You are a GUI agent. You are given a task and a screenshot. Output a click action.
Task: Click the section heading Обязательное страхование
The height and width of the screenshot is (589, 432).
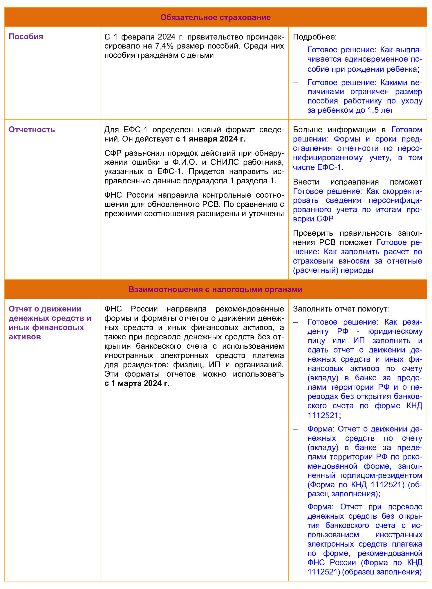[215, 17]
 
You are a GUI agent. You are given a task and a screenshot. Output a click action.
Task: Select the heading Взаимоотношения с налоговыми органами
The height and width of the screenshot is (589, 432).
[215, 289]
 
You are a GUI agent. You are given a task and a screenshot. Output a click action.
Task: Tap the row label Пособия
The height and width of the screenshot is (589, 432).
[26, 37]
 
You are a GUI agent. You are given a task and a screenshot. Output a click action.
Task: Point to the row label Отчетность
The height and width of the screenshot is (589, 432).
[32, 130]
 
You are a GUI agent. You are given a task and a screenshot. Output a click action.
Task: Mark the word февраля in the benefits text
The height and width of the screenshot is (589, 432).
[139, 37]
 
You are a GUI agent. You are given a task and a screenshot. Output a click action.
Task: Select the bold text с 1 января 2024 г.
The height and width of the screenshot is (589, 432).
[210, 139]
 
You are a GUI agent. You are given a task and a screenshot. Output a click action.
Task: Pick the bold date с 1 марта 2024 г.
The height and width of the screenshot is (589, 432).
[137, 383]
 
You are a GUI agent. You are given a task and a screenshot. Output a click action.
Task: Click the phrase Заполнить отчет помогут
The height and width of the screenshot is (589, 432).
[341, 309]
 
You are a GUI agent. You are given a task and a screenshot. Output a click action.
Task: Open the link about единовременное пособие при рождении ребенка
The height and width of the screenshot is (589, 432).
[364, 59]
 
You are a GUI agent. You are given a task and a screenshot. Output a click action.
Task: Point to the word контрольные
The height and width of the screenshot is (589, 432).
[226, 195]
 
